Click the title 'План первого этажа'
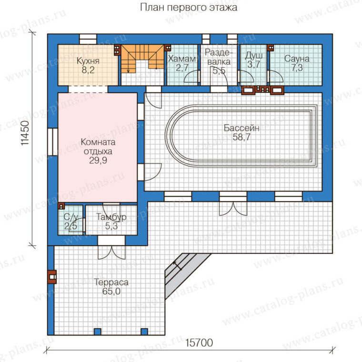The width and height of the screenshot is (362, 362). click(x=189, y=8)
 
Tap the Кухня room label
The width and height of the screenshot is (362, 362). click(x=88, y=61)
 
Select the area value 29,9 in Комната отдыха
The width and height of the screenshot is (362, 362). click(x=98, y=160)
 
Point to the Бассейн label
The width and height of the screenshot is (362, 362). click(x=241, y=128)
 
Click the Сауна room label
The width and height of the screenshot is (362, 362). click(x=297, y=59)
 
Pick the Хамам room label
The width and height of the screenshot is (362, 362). click(x=182, y=59)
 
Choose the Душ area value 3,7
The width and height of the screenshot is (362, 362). click(x=254, y=64)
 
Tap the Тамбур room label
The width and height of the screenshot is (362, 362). click(x=111, y=217)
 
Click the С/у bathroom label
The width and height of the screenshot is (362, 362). click(x=70, y=217)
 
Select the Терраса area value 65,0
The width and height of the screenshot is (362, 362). click(x=111, y=292)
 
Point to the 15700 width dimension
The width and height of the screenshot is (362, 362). click(x=199, y=343)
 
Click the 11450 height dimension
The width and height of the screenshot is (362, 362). click(x=25, y=133)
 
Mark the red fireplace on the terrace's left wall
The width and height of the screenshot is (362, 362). click(x=52, y=277)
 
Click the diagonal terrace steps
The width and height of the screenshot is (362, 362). click(x=185, y=275)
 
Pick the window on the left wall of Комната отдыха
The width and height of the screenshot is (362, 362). click(x=53, y=142)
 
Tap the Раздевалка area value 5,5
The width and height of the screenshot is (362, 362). click(x=219, y=70)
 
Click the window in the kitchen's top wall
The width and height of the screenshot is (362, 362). click(x=88, y=39)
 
